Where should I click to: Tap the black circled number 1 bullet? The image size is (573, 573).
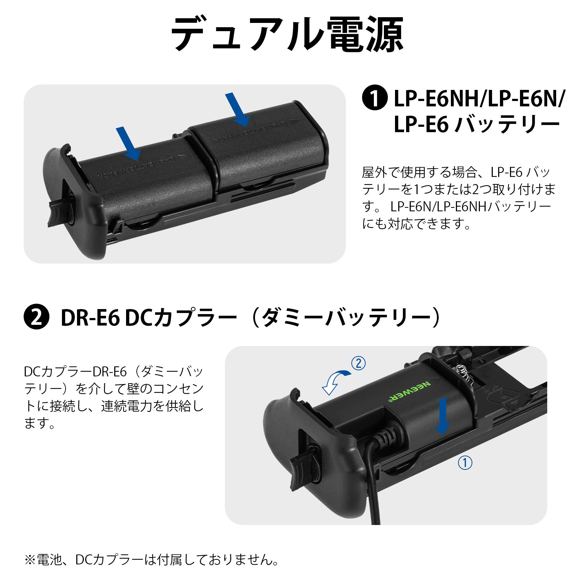click(375, 98)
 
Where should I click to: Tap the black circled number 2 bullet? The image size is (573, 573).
click(36, 317)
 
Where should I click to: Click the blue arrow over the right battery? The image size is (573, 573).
click(237, 110)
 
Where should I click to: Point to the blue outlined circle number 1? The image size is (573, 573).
click(465, 463)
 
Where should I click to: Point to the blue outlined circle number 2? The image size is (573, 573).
click(358, 363)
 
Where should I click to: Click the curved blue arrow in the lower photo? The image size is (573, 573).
click(336, 382)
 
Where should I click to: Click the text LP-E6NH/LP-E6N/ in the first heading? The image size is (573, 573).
click(479, 98)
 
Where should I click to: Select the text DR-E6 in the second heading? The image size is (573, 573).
click(90, 317)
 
